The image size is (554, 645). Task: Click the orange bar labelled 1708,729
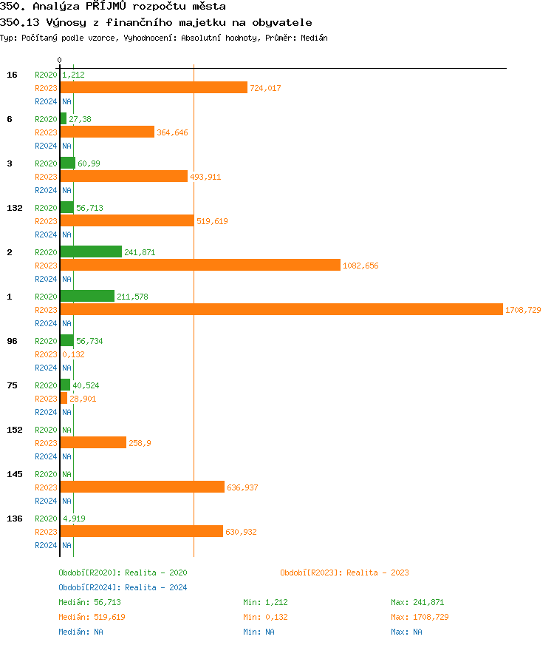click(281, 309)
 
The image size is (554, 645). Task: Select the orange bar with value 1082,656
click(200, 265)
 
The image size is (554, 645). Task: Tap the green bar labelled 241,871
click(91, 251)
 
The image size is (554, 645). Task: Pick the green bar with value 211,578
click(87, 296)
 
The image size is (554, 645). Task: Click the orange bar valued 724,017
click(154, 87)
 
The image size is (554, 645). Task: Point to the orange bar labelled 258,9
click(93, 442)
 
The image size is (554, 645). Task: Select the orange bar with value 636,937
click(142, 487)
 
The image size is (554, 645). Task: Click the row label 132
click(15, 208)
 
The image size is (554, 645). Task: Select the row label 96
click(12, 341)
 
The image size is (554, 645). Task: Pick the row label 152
click(15, 430)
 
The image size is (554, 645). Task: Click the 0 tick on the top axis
click(60, 60)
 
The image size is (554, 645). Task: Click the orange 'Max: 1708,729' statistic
click(420, 617)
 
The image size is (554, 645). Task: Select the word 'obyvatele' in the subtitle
click(284, 22)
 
